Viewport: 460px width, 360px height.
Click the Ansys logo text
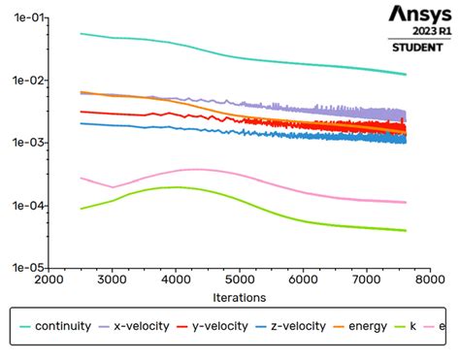click(x=419, y=14)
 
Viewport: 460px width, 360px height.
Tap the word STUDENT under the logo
click(x=419, y=47)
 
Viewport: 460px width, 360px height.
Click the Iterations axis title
click(x=239, y=297)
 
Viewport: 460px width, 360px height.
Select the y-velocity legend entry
click(x=219, y=326)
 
